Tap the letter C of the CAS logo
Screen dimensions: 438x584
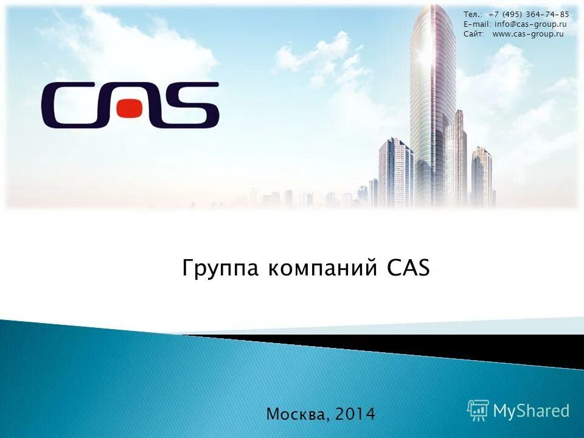[x=64, y=105]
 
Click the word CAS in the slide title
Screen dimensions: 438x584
[x=408, y=268]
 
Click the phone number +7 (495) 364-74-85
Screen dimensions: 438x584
[x=529, y=14]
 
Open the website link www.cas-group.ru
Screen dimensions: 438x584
[x=528, y=33]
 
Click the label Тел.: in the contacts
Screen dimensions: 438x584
[x=472, y=14]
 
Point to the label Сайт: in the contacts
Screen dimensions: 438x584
[x=474, y=33]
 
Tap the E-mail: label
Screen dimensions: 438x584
[x=477, y=24]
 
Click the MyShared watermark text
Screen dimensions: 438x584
[x=531, y=411]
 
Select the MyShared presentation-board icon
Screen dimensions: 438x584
[x=478, y=411]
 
